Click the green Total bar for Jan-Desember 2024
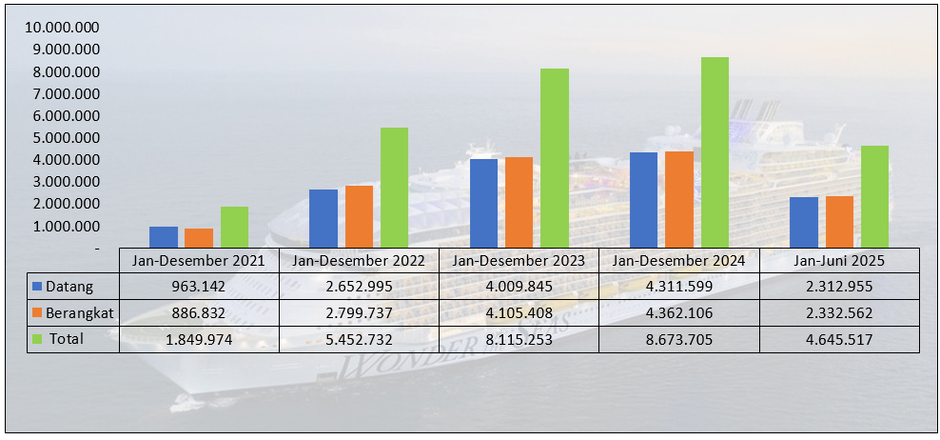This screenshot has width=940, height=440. tap(715, 152)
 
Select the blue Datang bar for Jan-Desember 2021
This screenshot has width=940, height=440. tap(164, 237)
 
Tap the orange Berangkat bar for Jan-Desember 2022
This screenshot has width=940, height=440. tap(360, 216)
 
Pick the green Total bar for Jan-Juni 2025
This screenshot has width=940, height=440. tap(874, 196)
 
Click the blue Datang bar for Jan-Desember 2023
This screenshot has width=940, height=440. tap(484, 203)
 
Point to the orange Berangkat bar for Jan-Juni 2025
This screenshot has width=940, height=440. tap(839, 222)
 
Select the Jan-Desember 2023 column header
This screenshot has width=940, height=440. tap(519, 260)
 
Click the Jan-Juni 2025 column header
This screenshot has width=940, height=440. tap(839, 260)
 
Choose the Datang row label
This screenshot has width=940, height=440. tap(69, 286)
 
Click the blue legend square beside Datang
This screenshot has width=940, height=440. tap(37, 286)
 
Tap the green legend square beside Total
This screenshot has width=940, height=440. tap(37, 338)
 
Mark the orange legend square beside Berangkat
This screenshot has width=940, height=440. tap(37, 312)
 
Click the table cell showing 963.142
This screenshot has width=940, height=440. tap(199, 286)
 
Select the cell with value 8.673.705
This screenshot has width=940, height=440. tap(678, 338)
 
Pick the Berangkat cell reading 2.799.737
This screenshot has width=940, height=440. tap(359, 312)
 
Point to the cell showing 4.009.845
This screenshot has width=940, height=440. tap(519, 286)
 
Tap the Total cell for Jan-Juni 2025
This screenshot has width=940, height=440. tap(839, 338)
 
